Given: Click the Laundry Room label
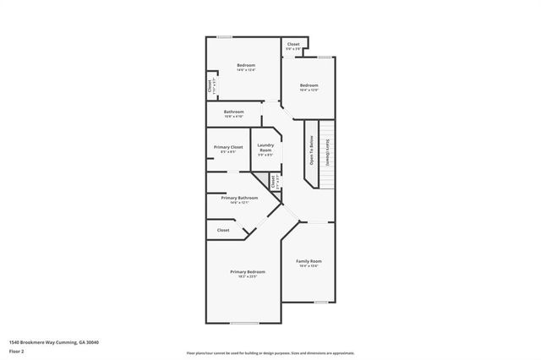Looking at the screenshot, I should point(265,147).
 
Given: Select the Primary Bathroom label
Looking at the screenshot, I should point(239,198).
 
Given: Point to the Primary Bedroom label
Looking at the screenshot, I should point(248,271).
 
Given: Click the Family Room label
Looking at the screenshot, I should point(309,261).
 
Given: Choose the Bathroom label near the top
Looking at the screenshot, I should point(234,112).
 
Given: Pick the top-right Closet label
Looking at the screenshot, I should point(293,44).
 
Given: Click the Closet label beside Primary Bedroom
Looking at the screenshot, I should point(223,230).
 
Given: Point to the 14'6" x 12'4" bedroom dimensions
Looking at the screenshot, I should point(246,70).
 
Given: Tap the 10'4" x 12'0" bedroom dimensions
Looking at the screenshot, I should point(309,90).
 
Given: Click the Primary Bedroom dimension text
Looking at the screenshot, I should point(248,276).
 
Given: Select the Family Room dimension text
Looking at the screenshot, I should point(309,266).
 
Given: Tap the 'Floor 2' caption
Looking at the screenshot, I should point(16,350).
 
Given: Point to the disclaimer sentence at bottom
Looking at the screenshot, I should point(270,352).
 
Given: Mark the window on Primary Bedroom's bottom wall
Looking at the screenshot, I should point(244,324).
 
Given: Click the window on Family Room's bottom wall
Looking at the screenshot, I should point(320,302).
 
